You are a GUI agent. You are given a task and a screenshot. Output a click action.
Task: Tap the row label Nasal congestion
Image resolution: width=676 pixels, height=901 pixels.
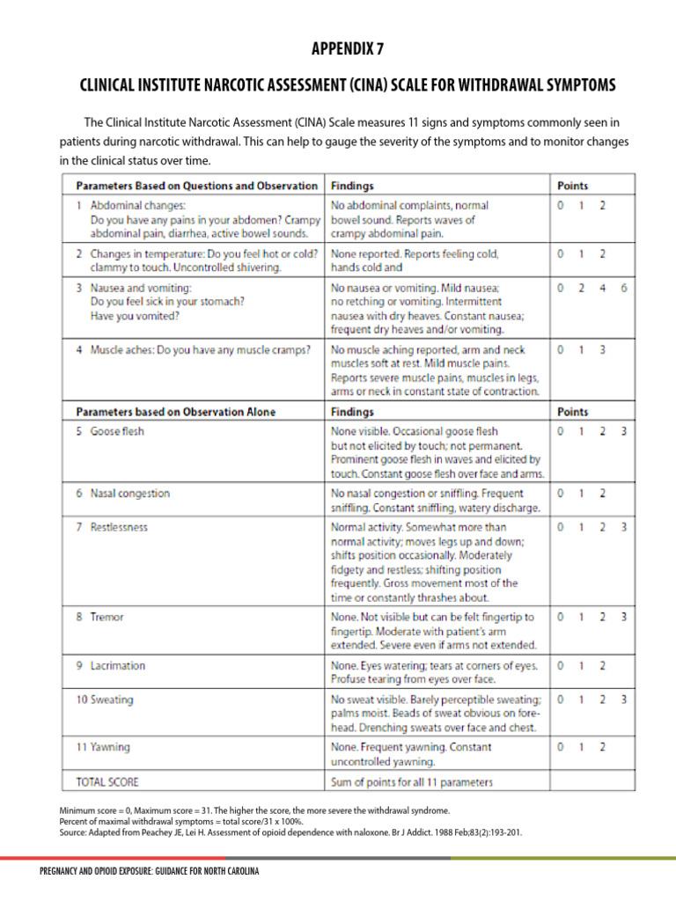point(129,494)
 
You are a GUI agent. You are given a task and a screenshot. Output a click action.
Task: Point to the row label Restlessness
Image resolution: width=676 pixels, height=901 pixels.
point(119,528)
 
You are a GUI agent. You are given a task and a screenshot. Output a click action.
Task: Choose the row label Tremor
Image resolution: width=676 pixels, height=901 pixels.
point(107,618)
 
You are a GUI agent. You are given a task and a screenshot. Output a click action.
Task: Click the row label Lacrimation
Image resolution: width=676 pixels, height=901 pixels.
point(118,666)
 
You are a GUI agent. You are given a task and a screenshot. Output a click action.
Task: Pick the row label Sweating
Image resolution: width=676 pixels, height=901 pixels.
point(111,700)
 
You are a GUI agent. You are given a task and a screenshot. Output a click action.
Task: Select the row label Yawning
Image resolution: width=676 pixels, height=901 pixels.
point(110,747)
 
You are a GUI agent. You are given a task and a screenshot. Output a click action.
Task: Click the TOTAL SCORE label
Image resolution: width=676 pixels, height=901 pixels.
point(107,781)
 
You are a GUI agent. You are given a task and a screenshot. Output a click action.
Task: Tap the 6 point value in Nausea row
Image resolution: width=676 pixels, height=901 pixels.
point(623,288)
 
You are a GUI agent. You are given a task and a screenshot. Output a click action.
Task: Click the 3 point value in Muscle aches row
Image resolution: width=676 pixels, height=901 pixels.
point(602,349)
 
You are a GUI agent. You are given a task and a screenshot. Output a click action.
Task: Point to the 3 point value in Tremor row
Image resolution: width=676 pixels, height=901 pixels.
point(623,618)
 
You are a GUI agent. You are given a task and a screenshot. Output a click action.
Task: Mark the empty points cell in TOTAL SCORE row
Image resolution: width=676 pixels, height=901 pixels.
point(591,781)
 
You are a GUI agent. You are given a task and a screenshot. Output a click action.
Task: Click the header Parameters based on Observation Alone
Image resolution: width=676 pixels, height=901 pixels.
point(175,412)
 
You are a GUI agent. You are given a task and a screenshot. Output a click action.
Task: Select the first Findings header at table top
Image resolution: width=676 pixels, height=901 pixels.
point(352,186)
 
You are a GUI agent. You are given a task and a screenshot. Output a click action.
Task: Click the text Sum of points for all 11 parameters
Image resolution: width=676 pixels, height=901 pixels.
point(411,781)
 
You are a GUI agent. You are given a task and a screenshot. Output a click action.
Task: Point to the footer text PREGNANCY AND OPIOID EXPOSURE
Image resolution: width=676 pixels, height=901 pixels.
point(150,872)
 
